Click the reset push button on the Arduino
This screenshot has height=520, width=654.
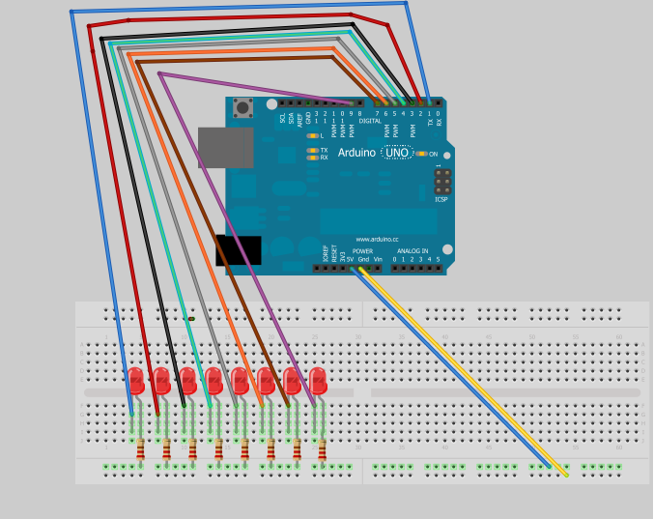(x=242, y=108)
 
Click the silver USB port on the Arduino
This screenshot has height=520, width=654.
(x=225, y=148)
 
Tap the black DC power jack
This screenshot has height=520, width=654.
(x=238, y=249)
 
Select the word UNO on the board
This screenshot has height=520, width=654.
(x=397, y=153)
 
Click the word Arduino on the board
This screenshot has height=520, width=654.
(x=356, y=153)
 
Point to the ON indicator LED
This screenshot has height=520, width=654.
(x=421, y=154)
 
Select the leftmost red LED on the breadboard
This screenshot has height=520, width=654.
(x=135, y=380)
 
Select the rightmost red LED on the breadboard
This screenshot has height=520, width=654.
(x=318, y=380)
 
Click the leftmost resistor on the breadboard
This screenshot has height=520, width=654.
(x=142, y=448)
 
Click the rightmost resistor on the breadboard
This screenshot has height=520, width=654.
(x=322, y=448)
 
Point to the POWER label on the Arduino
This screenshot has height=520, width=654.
(x=362, y=251)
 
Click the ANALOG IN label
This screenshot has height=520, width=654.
(x=412, y=251)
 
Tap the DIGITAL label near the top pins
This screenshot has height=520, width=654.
(x=370, y=122)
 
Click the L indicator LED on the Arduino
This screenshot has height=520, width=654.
(x=312, y=136)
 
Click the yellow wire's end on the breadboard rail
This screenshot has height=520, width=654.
(x=565, y=474)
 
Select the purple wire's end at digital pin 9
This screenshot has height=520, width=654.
(x=352, y=102)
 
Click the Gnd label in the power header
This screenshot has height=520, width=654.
(x=363, y=259)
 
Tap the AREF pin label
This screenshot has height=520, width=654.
(x=299, y=119)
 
